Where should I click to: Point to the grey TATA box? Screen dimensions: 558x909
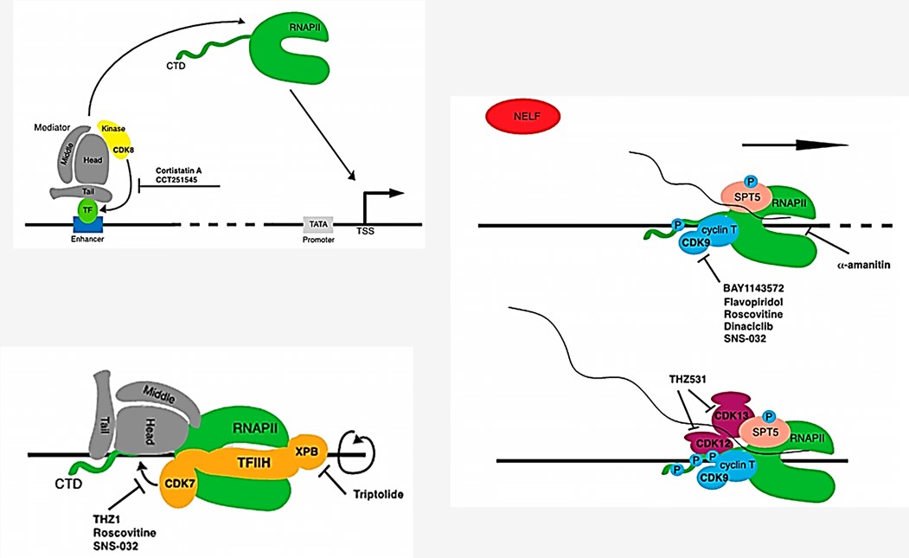pyautogui.click(x=317, y=223)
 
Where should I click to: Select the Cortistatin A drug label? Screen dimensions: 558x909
pyautogui.click(x=183, y=171)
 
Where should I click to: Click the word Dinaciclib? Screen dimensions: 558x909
pyautogui.click(x=748, y=329)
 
